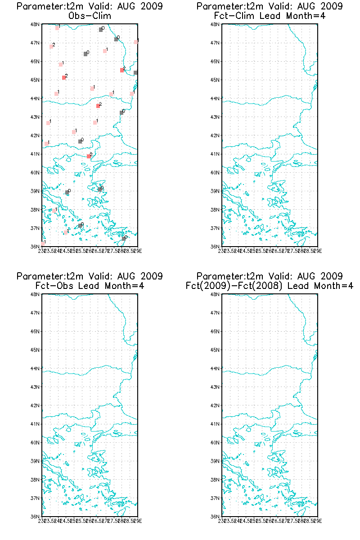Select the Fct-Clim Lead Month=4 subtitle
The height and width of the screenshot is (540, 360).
point(270,16)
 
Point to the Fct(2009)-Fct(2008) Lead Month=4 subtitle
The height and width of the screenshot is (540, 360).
point(270,285)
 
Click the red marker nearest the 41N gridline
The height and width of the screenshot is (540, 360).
point(89,156)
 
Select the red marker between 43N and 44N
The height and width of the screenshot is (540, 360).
point(98,106)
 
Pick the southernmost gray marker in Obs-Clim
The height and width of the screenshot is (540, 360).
point(124,238)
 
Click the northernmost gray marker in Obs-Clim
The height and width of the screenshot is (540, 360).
point(101,30)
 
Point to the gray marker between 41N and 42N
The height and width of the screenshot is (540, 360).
point(80,141)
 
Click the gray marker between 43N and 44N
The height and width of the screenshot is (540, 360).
point(121,112)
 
